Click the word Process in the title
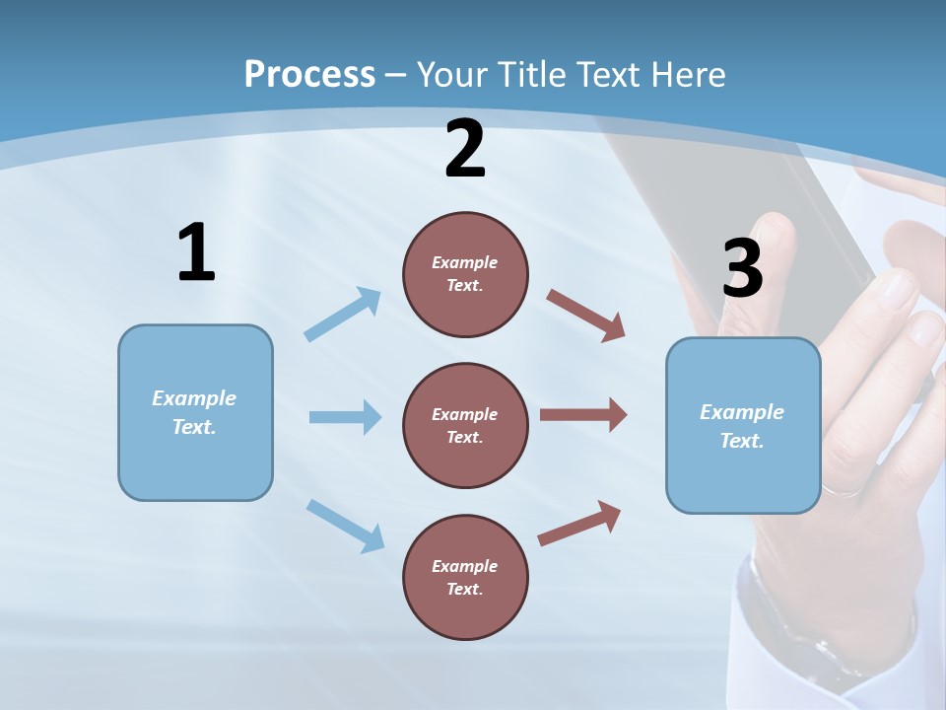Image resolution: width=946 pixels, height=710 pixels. click(309, 74)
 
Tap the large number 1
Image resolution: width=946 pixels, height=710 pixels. click(196, 252)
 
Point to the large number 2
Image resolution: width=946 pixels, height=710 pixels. click(465, 148)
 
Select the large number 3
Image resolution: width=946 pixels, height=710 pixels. click(742, 268)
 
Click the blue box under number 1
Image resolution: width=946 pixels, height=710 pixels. click(195, 412)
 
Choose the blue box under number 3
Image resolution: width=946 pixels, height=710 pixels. click(743, 425)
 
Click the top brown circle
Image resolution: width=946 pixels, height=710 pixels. click(465, 274)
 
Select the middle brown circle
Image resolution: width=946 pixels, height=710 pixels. click(465, 425)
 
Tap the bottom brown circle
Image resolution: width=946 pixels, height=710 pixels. click(465, 577)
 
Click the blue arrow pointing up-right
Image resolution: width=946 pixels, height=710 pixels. click(343, 315)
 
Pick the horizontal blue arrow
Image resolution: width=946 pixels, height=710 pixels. click(345, 417)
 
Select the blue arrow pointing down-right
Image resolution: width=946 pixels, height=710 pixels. click(346, 526)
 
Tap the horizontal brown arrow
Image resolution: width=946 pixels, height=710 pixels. click(583, 415)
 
